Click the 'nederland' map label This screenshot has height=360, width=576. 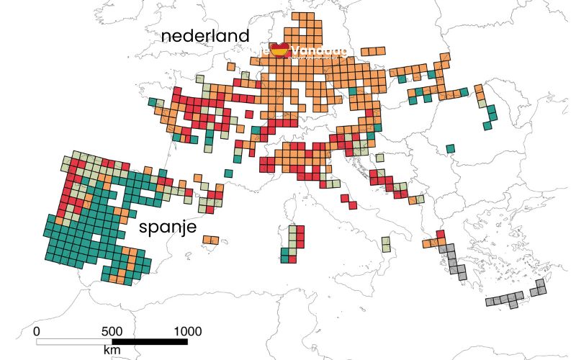pyautogui.click(x=205, y=36)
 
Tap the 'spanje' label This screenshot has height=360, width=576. pyautogui.click(x=166, y=229)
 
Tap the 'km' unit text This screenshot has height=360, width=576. pyautogui.click(x=112, y=350)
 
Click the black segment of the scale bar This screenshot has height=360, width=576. pyautogui.click(x=150, y=340)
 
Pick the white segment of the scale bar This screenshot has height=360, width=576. pyautogui.click(x=74, y=340)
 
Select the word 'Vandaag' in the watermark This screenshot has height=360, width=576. pyautogui.click(x=320, y=51)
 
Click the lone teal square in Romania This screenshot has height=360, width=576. pyautogui.click(x=450, y=149)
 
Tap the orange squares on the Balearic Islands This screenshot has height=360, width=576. pyautogui.click(x=210, y=240)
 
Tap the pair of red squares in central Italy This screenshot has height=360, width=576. pyautogui.click(x=348, y=201)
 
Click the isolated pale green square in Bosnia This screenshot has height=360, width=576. pyautogui.click(x=379, y=158)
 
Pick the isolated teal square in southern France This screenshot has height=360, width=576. pyautogui.click(x=228, y=173)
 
